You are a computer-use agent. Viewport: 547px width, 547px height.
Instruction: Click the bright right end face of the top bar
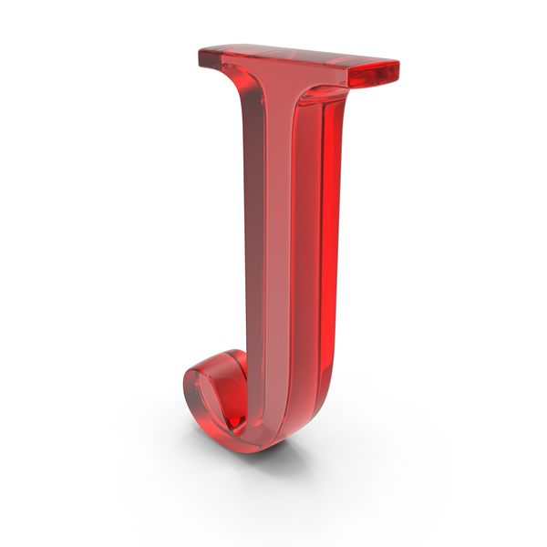(x=374, y=75)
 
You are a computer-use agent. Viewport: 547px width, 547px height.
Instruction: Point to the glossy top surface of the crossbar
(x=296, y=56)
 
